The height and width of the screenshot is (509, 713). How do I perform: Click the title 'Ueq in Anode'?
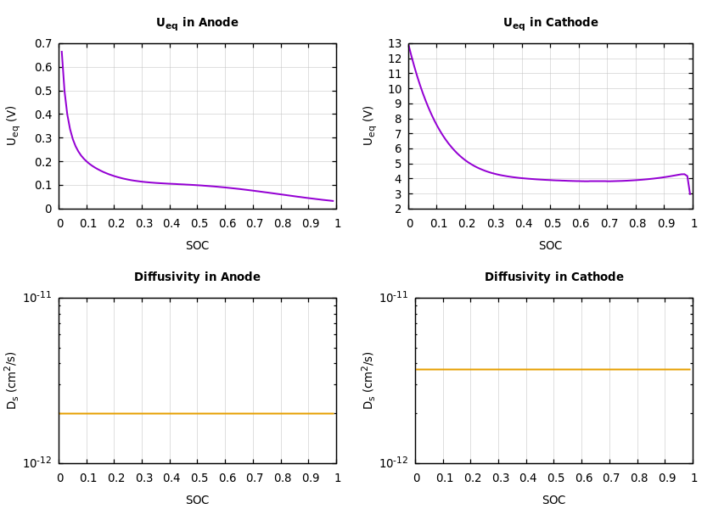197,23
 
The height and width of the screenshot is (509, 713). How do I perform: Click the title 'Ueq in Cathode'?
550,23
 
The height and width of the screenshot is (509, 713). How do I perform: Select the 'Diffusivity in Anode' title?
197,277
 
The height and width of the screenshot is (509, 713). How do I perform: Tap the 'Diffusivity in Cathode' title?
553,277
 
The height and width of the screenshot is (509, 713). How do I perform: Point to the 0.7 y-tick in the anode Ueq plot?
43,44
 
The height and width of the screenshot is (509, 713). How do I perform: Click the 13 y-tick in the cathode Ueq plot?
395,44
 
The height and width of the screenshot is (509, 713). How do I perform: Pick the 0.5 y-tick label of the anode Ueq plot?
43,92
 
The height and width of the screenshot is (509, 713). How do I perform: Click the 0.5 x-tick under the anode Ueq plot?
198,224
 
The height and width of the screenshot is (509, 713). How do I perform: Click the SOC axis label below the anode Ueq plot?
197,246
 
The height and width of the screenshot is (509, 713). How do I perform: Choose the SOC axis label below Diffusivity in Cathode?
553,501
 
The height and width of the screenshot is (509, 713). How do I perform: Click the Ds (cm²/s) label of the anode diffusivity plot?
13,380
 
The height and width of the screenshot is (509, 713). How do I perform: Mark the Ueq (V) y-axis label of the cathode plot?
369,126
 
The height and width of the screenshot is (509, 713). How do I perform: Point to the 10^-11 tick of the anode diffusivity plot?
37,298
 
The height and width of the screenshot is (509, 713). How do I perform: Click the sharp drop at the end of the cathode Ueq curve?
688,184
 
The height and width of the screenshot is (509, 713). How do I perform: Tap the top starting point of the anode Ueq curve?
61,53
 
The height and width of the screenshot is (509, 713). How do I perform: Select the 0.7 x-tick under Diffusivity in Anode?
253,478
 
